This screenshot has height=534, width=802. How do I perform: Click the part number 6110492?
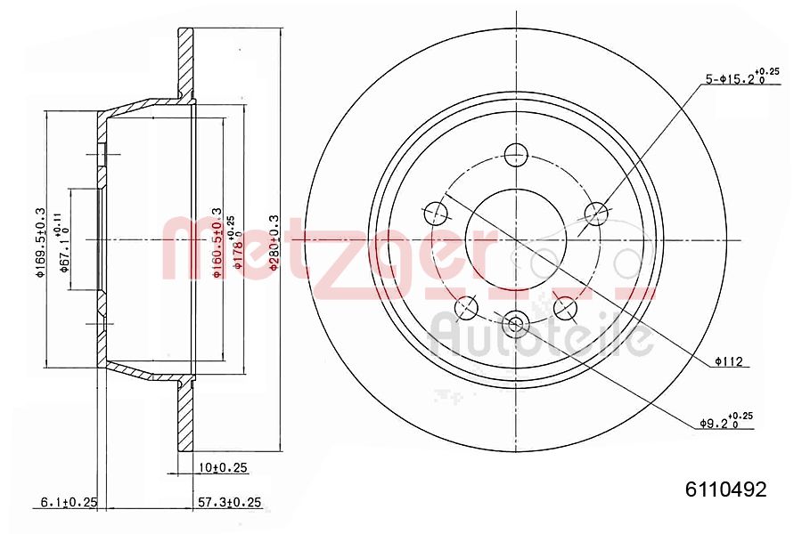tap(725, 489)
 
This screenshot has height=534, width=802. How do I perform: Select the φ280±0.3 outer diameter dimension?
tap(274, 240)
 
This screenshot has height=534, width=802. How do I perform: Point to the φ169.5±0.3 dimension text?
tap(39, 241)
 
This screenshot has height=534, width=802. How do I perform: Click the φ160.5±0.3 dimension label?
tap(217, 242)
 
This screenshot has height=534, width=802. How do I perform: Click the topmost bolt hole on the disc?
tap(515, 155)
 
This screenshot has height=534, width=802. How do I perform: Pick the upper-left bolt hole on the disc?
tap(436, 212)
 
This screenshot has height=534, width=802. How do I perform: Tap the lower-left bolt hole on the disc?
tap(465, 308)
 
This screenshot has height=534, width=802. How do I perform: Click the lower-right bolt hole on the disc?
tap(565, 308)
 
